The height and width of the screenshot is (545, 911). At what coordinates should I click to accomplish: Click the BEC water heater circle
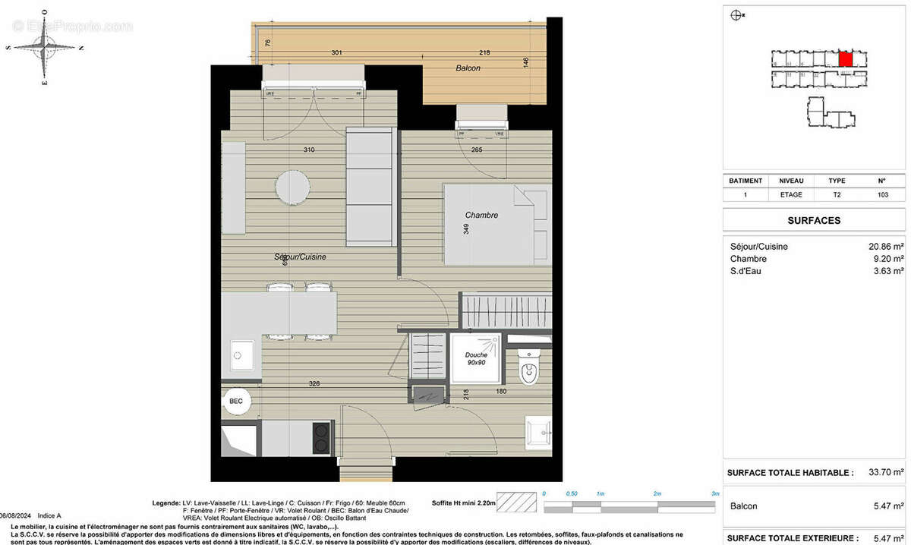(236, 402)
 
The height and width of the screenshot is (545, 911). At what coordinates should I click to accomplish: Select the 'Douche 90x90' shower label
(476, 358)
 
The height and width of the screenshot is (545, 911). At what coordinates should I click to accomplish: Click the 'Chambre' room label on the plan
(482, 216)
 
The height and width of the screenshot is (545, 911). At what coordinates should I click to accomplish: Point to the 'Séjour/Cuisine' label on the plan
(300, 257)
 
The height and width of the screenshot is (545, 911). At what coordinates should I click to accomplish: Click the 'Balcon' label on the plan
(468, 68)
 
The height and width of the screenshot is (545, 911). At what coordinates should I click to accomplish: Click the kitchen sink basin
(243, 354)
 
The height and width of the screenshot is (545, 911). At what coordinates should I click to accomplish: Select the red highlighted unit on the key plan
(846, 58)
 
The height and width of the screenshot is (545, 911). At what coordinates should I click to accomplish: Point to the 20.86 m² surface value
(885, 247)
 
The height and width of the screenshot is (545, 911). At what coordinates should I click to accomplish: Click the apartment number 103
(881, 194)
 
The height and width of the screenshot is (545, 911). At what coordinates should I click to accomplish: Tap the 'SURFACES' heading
(816, 220)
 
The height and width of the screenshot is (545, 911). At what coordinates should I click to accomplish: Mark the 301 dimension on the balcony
(337, 53)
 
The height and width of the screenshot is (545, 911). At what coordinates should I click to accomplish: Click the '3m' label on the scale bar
(714, 493)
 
